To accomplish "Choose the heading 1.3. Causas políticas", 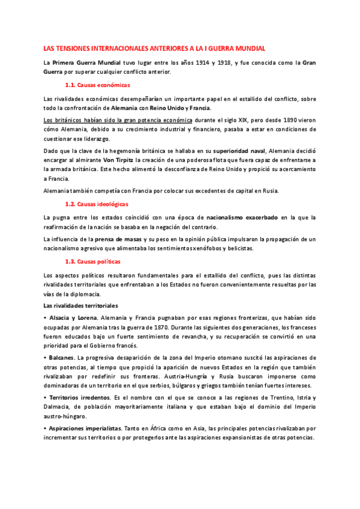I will point(92,262).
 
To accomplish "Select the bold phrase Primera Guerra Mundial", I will point(87,62).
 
